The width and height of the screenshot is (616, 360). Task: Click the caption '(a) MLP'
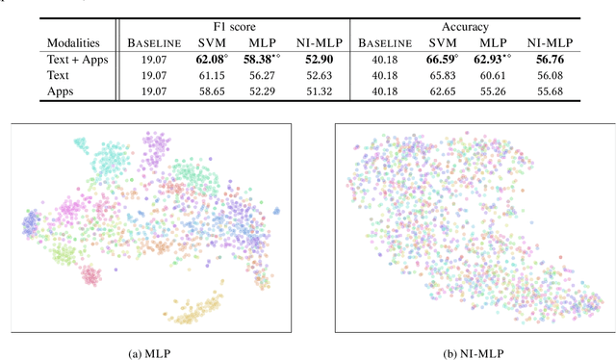pyautogui.click(x=149, y=350)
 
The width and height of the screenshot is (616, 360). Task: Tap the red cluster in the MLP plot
pyautogui.click(x=91, y=277)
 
